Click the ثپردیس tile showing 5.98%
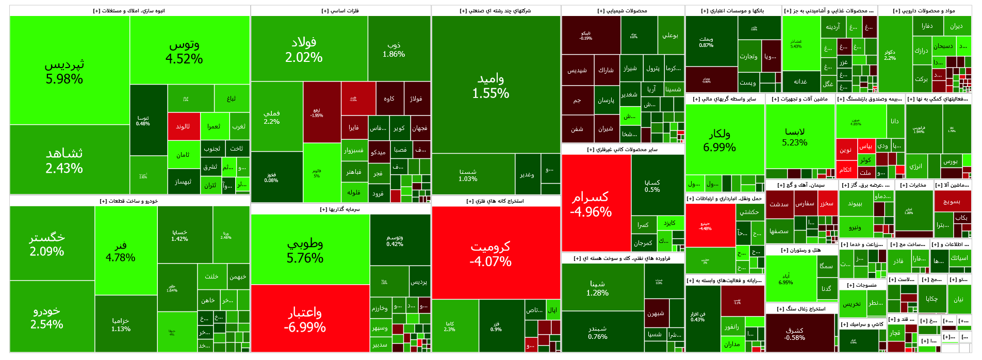[64, 71]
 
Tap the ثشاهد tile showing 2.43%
[64, 160]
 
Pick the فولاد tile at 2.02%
[304, 50]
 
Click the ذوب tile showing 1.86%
[394, 50]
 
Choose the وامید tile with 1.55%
[490, 86]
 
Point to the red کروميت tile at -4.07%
[490, 254]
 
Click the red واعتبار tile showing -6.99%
[305, 319]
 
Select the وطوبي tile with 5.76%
[305, 250]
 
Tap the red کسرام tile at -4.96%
[591, 204]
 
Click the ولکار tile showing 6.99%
[719, 140]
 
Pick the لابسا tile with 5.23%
[795, 137]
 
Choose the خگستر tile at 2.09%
[47, 244]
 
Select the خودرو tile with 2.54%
[47, 317]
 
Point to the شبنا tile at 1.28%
[597, 288]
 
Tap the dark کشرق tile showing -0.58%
[794, 334]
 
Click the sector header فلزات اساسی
[340, 11]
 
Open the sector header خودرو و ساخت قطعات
[129, 201]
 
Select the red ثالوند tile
[183, 126]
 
